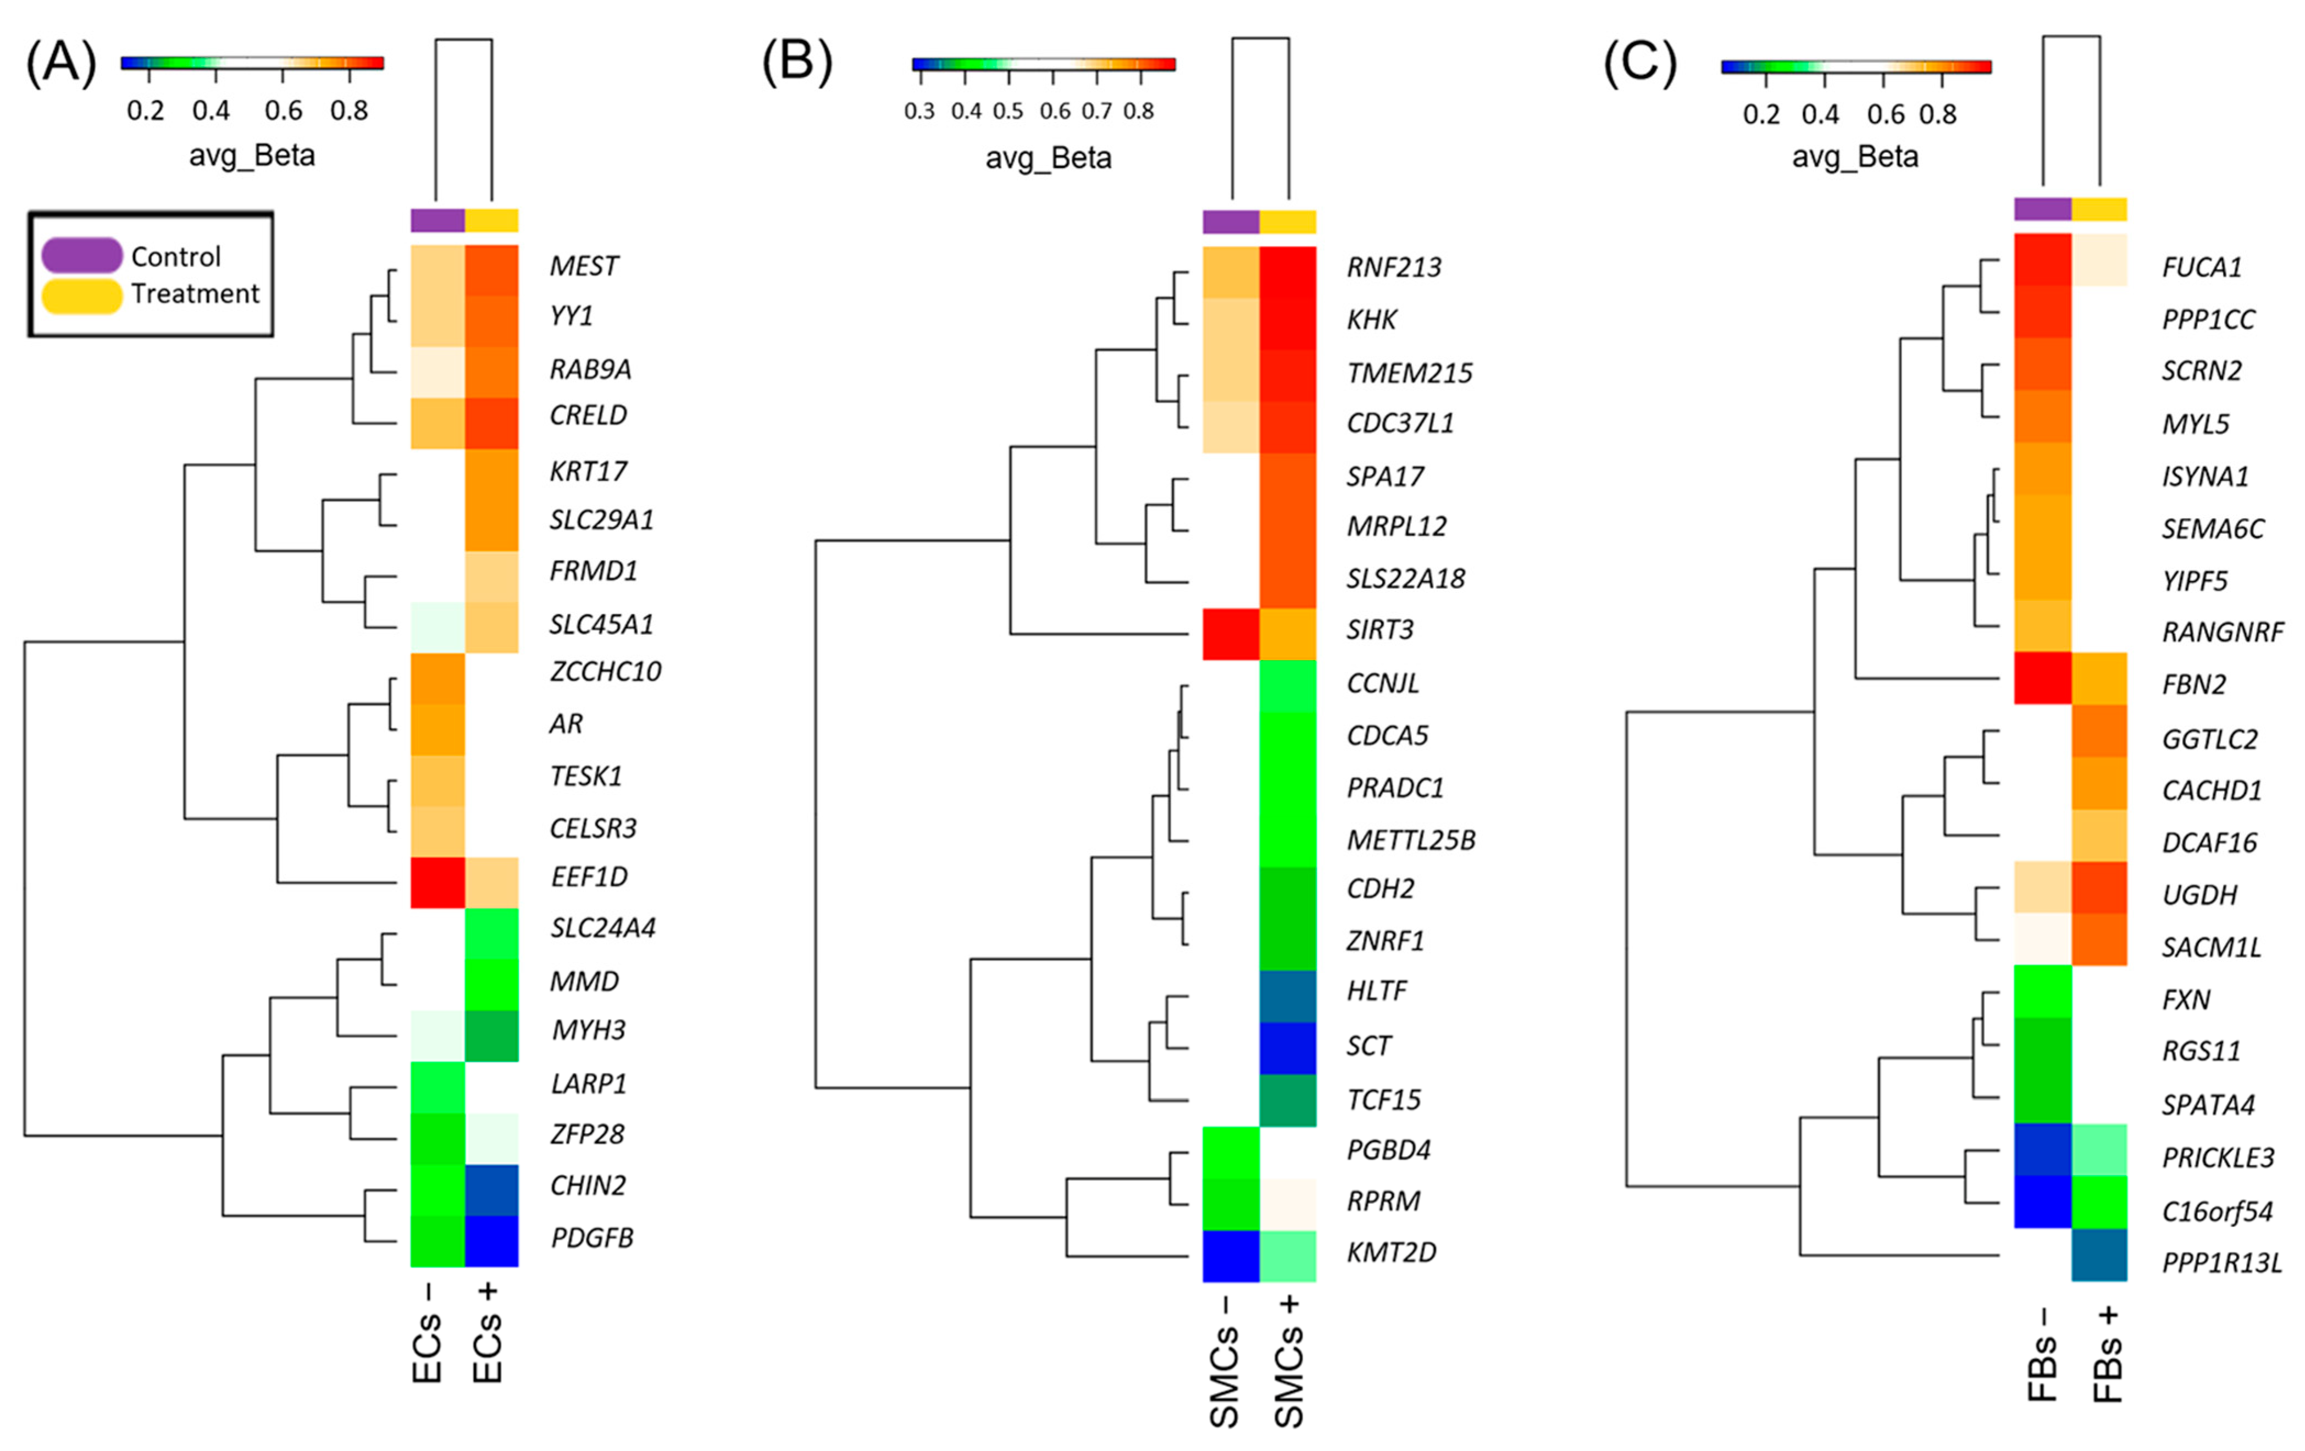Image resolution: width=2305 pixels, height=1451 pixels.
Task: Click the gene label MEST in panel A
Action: coord(584,266)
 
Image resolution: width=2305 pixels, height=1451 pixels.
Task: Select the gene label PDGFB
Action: coord(591,1238)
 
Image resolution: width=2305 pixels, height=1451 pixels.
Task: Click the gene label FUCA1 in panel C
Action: coord(2202,267)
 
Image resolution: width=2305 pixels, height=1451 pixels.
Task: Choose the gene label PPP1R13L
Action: coord(2221,1264)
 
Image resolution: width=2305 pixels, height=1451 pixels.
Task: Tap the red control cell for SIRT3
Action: coord(1231,634)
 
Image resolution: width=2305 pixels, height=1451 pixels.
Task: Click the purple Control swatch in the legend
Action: coord(81,256)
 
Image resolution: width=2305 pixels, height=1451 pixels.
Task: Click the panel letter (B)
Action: coord(796,63)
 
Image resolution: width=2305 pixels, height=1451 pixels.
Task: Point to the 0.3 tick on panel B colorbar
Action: coord(919,111)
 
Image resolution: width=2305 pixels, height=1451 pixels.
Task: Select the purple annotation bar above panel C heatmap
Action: coord(2043,209)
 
